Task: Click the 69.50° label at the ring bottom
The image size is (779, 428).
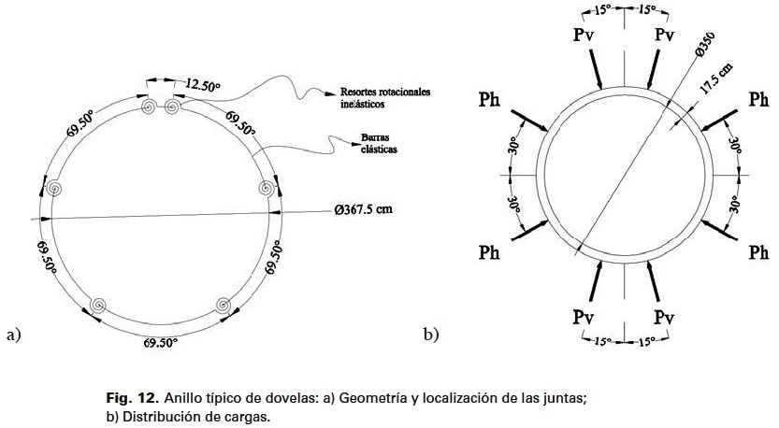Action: pos(161,343)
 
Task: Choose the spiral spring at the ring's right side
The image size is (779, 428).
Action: pos(267,188)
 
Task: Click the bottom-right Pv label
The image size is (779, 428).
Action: pos(665,316)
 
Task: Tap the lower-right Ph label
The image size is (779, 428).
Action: pos(759,252)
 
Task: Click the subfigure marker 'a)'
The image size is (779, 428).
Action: pos(13,333)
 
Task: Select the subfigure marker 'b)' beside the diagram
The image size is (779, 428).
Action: pos(431,333)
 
